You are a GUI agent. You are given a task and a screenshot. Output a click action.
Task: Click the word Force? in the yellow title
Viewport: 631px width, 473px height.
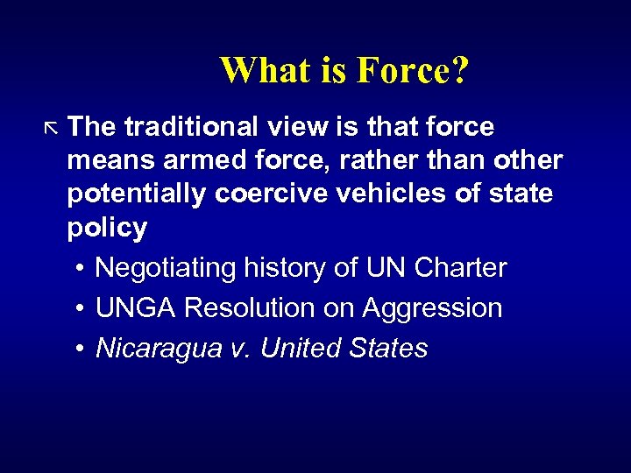(413, 71)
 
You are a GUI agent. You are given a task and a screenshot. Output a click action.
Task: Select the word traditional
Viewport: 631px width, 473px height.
(191, 127)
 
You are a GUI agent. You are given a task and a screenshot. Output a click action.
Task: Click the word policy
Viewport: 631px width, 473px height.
(107, 228)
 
